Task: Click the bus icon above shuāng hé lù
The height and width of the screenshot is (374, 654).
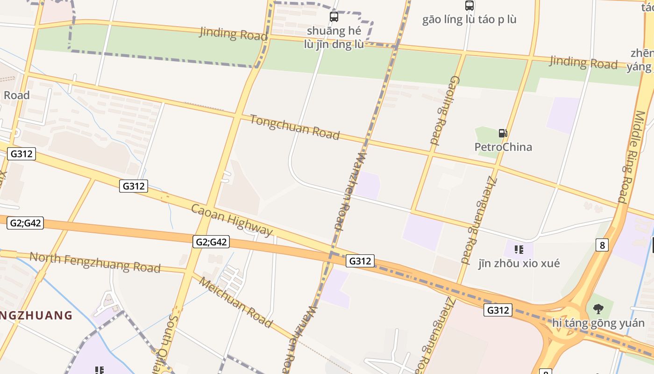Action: [x=334, y=17]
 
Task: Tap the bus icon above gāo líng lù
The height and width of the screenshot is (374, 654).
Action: [x=469, y=6]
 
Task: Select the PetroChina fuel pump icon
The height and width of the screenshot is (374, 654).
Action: [x=503, y=133]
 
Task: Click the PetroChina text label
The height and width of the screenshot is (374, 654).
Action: [x=503, y=147]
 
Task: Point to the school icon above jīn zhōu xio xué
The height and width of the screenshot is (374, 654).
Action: [x=519, y=250]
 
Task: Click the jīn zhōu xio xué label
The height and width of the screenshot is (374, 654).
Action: [x=519, y=263]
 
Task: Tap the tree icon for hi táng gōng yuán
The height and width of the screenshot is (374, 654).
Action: [x=598, y=309]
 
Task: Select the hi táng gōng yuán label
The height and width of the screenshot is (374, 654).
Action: [x=598, y=323]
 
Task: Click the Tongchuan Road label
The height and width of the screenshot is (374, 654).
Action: [x=294, y=127]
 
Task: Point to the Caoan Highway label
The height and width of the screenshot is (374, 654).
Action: [x=232, y=220]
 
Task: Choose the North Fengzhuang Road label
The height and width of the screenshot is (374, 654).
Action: [x=95, y=262]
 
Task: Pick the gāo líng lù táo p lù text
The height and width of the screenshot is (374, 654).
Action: [x=469, y=20]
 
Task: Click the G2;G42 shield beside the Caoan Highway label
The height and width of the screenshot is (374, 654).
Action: [x=211, y=242]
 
